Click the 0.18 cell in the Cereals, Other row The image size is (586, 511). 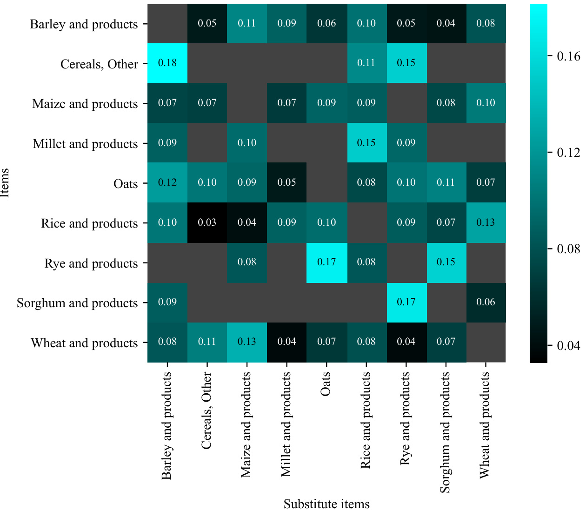[x=167, y=63]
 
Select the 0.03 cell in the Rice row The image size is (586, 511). [x=207, y=222]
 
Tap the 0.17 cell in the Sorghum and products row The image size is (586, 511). [x=406, y=302]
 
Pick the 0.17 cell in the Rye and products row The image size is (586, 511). [x=326, y=262]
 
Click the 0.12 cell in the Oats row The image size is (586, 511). [x=167, y=182]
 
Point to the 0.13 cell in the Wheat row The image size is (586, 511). [x=247, y=342]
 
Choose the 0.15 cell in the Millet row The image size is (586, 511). [x=366, y=143]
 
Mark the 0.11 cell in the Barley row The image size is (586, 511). [x=247, y=23]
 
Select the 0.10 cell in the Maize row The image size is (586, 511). [x=486, y=103]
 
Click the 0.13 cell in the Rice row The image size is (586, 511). [x=486, y=222]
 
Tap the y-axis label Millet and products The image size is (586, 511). [x=85, y=144]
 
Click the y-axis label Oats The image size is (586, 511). [x=126, y=184]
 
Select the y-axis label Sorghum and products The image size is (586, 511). [x=77, y=303]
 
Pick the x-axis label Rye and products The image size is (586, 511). [x=406, y=418]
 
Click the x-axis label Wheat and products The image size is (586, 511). [x=485, y=425]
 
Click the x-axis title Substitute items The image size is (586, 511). [x=326, y=504]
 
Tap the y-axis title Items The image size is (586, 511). [x=5, y=182]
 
